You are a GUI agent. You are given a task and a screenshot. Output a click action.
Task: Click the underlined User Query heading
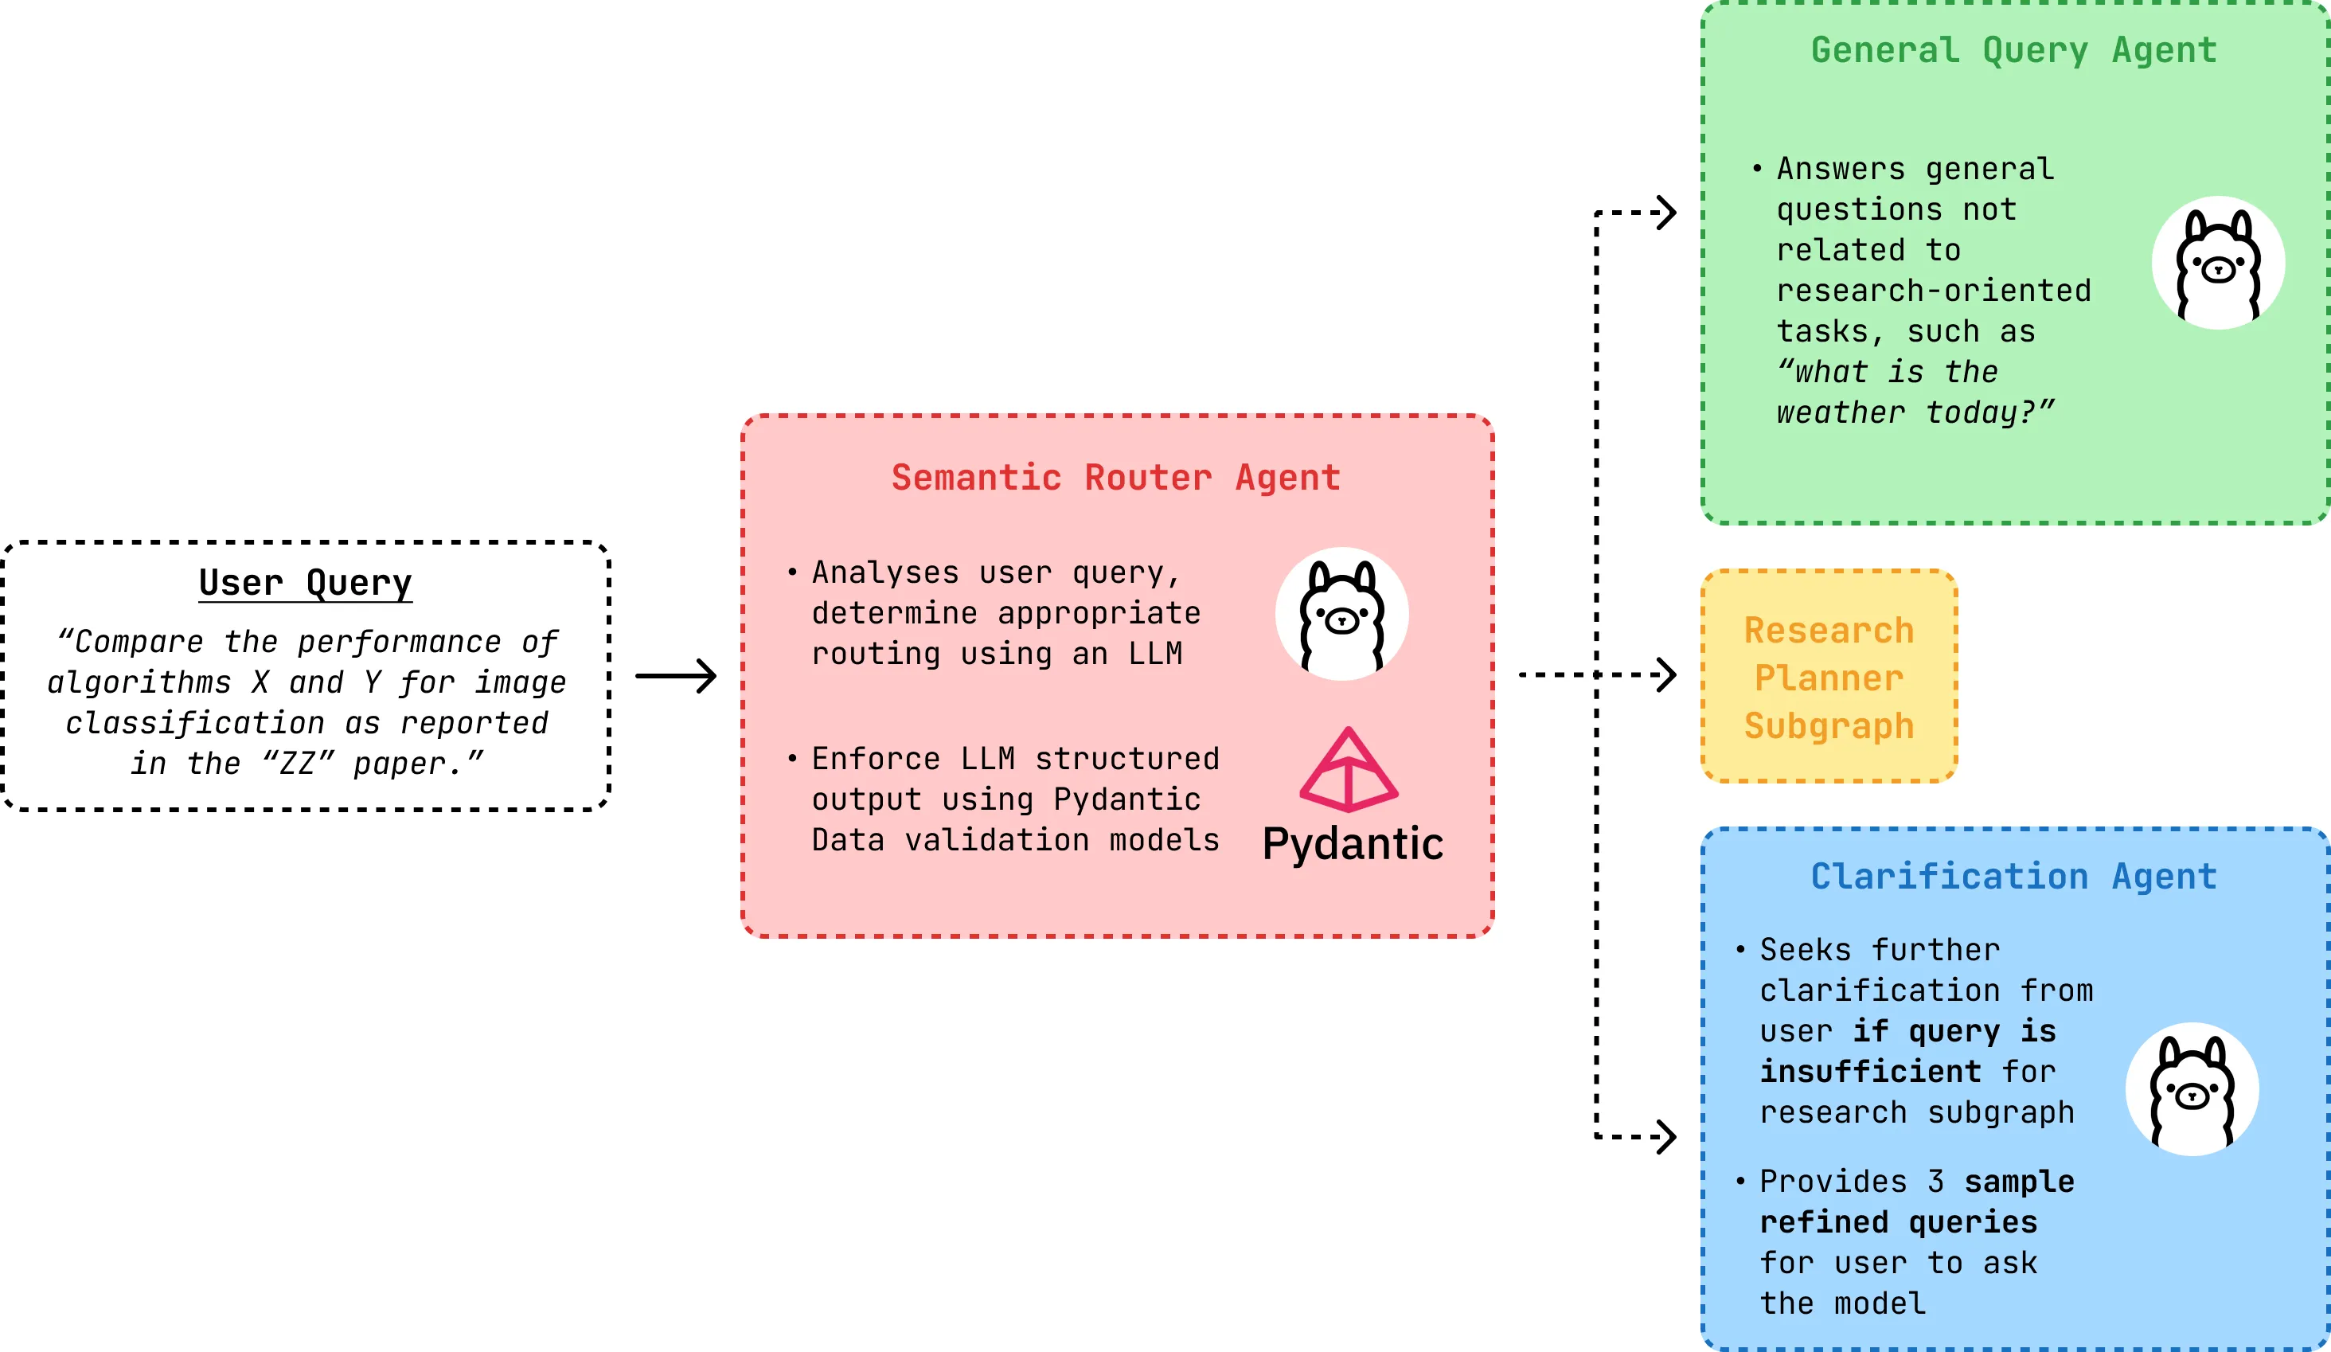(x=305, y=583)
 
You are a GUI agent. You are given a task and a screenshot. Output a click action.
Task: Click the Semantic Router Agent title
(x=1115, y=478)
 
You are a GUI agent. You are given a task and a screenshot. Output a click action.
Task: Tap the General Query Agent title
(x=2013, y=50)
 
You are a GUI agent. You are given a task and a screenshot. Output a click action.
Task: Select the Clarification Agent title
(x=2013, y=877)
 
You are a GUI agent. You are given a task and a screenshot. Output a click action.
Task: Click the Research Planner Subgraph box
(x=1829, y=677)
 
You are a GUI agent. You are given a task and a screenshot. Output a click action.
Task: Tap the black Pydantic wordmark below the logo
(x=1353, y=844)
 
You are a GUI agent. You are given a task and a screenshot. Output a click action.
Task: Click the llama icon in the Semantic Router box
(x=1341, y=615)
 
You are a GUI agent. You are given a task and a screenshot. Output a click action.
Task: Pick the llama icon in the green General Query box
(x=2217, y=263)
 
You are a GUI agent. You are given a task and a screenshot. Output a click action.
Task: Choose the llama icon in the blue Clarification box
(x=2192, y=1089)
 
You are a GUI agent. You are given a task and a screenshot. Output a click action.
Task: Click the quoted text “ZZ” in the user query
(x=298, y=764)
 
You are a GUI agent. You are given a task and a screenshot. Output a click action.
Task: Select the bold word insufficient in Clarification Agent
(x=1869, y=1072)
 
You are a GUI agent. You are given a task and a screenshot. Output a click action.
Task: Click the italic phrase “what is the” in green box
(x=1887, y=372)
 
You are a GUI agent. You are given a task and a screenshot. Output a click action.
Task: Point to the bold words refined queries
(x=1898, y=1222)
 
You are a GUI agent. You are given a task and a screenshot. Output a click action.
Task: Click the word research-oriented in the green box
(x=1933, y=291)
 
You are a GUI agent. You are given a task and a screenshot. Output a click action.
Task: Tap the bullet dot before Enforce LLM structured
(x=792, y=758)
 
